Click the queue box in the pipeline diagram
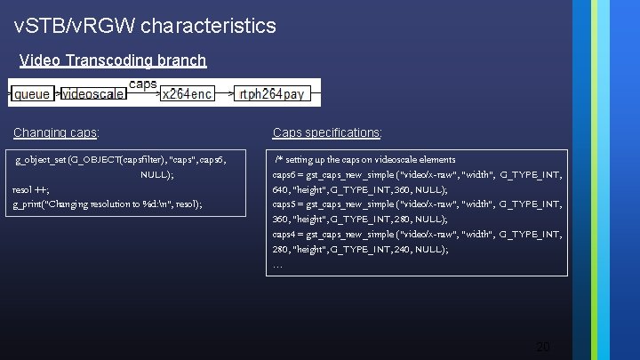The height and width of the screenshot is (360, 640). tap(32, 93)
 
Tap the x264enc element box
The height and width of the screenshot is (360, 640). tap(187, 93)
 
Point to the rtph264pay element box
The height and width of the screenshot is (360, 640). tap(270, 93)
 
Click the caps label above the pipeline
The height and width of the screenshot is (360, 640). tap(143, 84)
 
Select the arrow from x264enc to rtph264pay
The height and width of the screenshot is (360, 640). tap(224, 93)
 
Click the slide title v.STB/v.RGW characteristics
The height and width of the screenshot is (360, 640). tap(146, 26)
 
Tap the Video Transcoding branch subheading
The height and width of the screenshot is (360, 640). tap(113, 60)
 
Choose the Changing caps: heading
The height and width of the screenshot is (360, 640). tap(56, 132)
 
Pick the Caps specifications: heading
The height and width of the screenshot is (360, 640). tap(327, 132)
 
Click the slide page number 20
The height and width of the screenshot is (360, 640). tap(543, 346)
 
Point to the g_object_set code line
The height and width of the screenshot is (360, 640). tap(121, 160)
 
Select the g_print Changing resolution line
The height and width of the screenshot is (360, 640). tap(108, 204)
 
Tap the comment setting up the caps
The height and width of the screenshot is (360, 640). tap(364, 160)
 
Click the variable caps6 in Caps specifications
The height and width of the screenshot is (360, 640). tap(286, 175)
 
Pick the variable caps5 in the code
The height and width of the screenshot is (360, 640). tap(286, 204)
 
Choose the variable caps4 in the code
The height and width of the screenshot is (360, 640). tap(286, 234)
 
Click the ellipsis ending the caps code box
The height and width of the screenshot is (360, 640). tap(277, 264)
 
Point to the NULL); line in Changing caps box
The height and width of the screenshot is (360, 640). tap(156, 175)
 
